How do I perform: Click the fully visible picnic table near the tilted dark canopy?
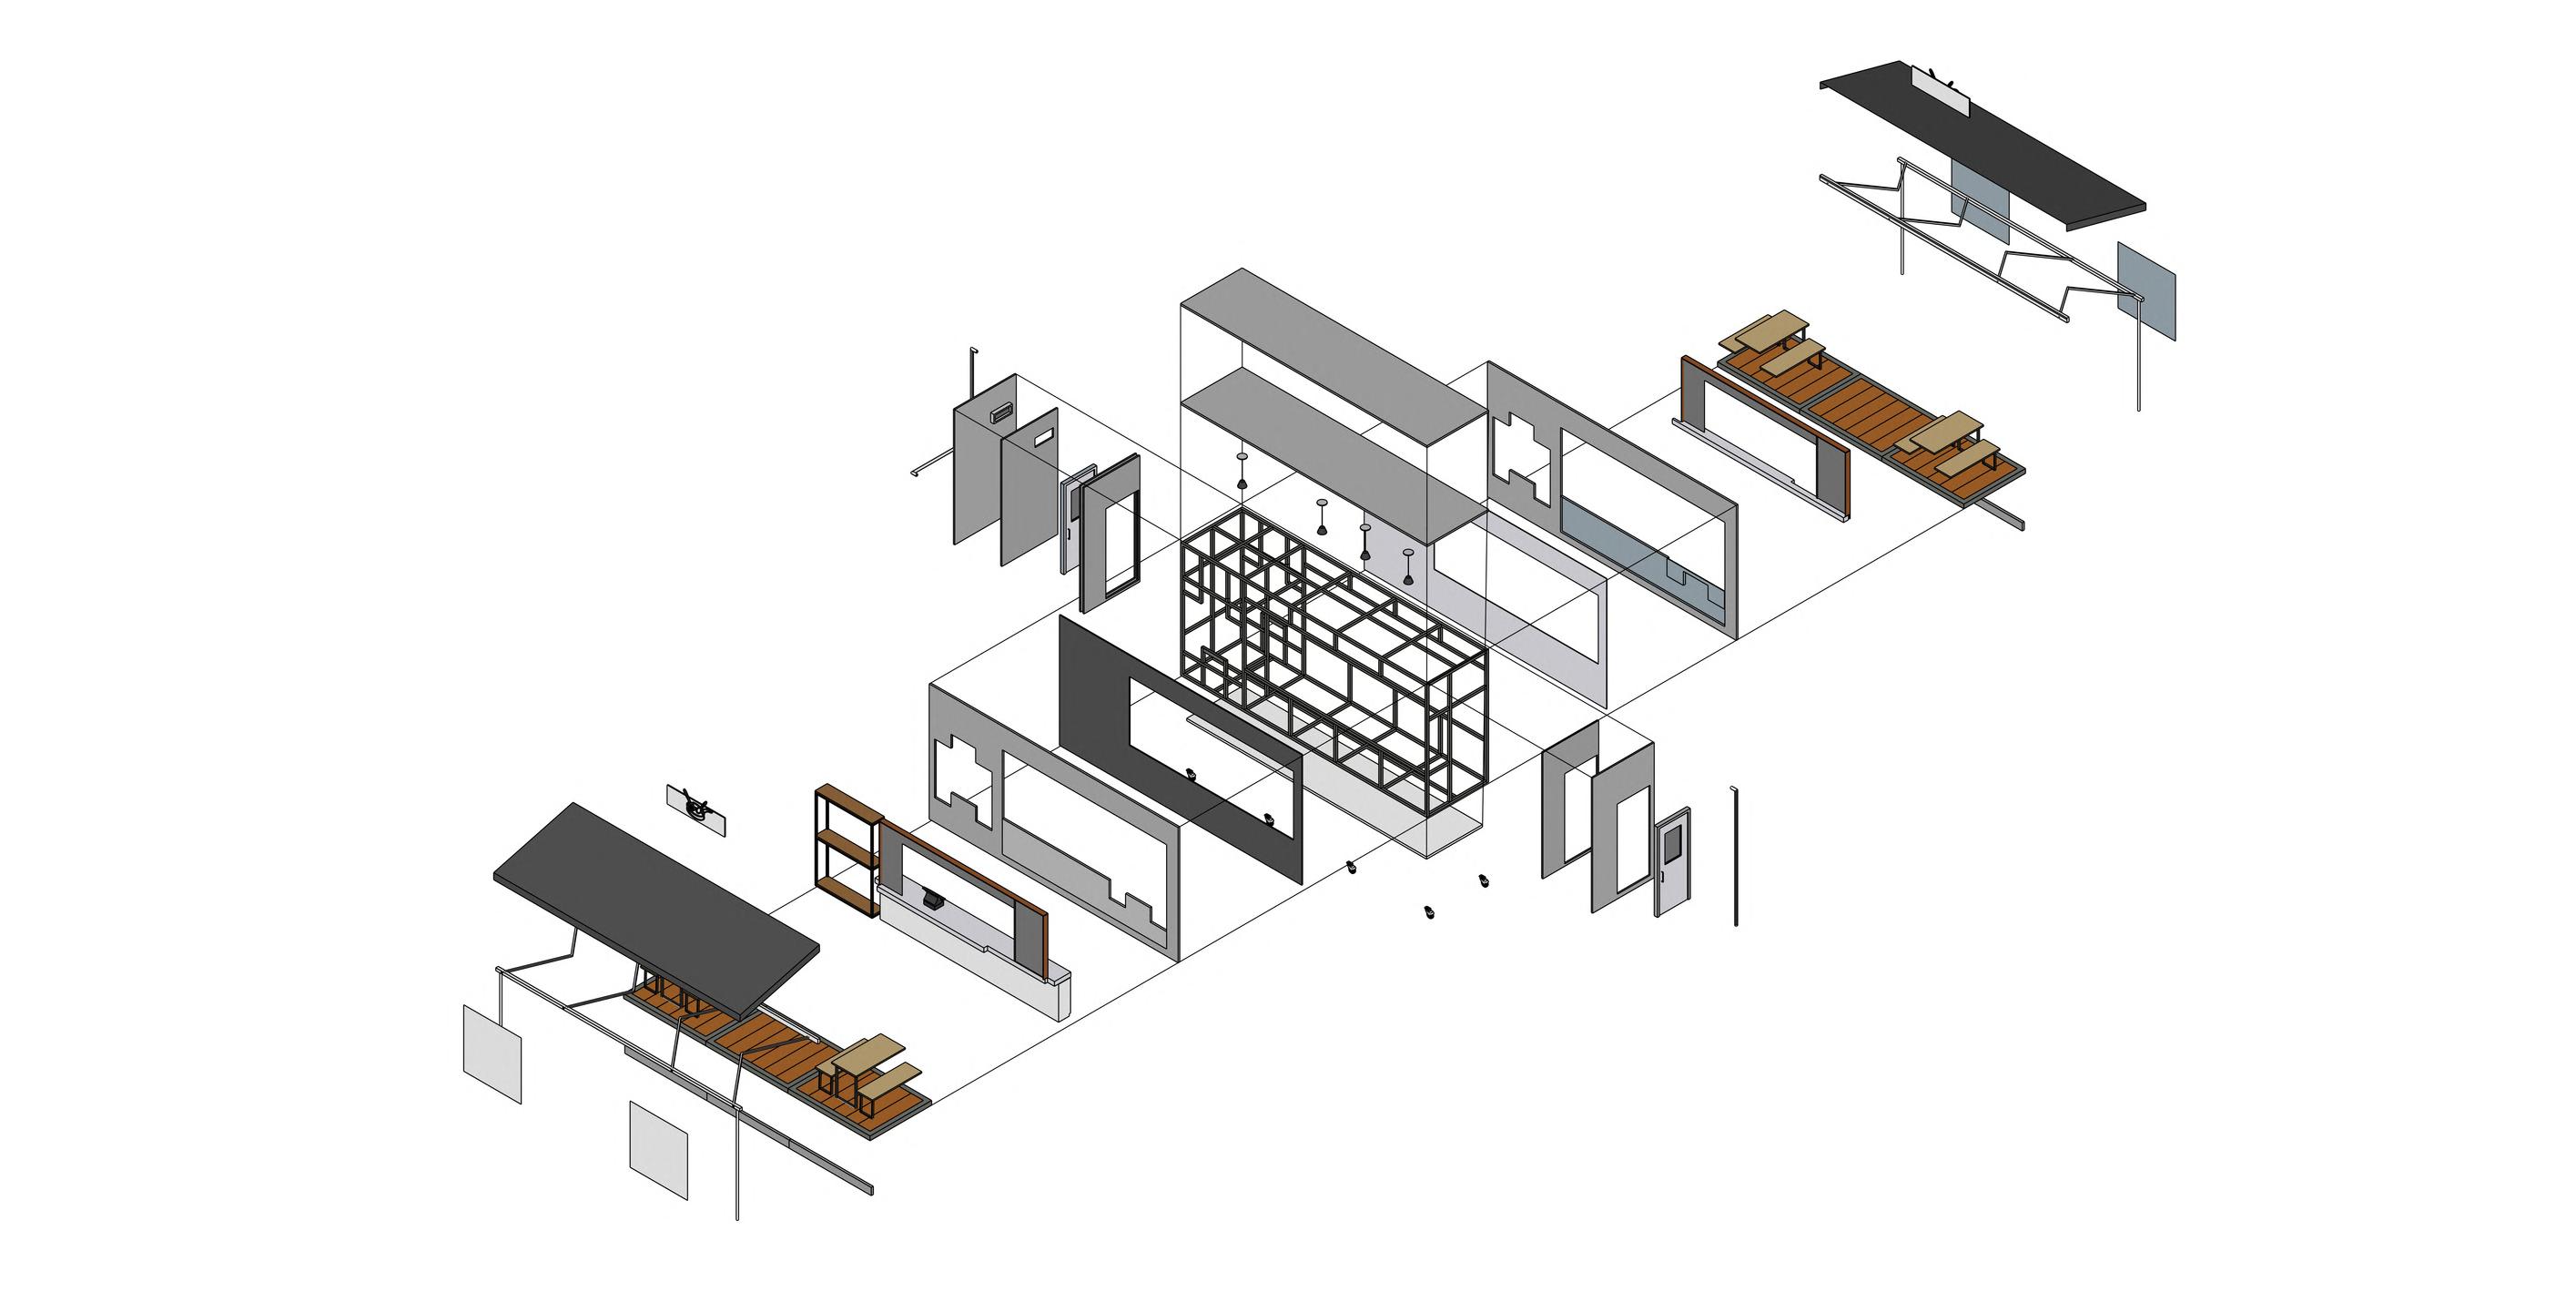pyautogui.click(x=868, y=1071)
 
